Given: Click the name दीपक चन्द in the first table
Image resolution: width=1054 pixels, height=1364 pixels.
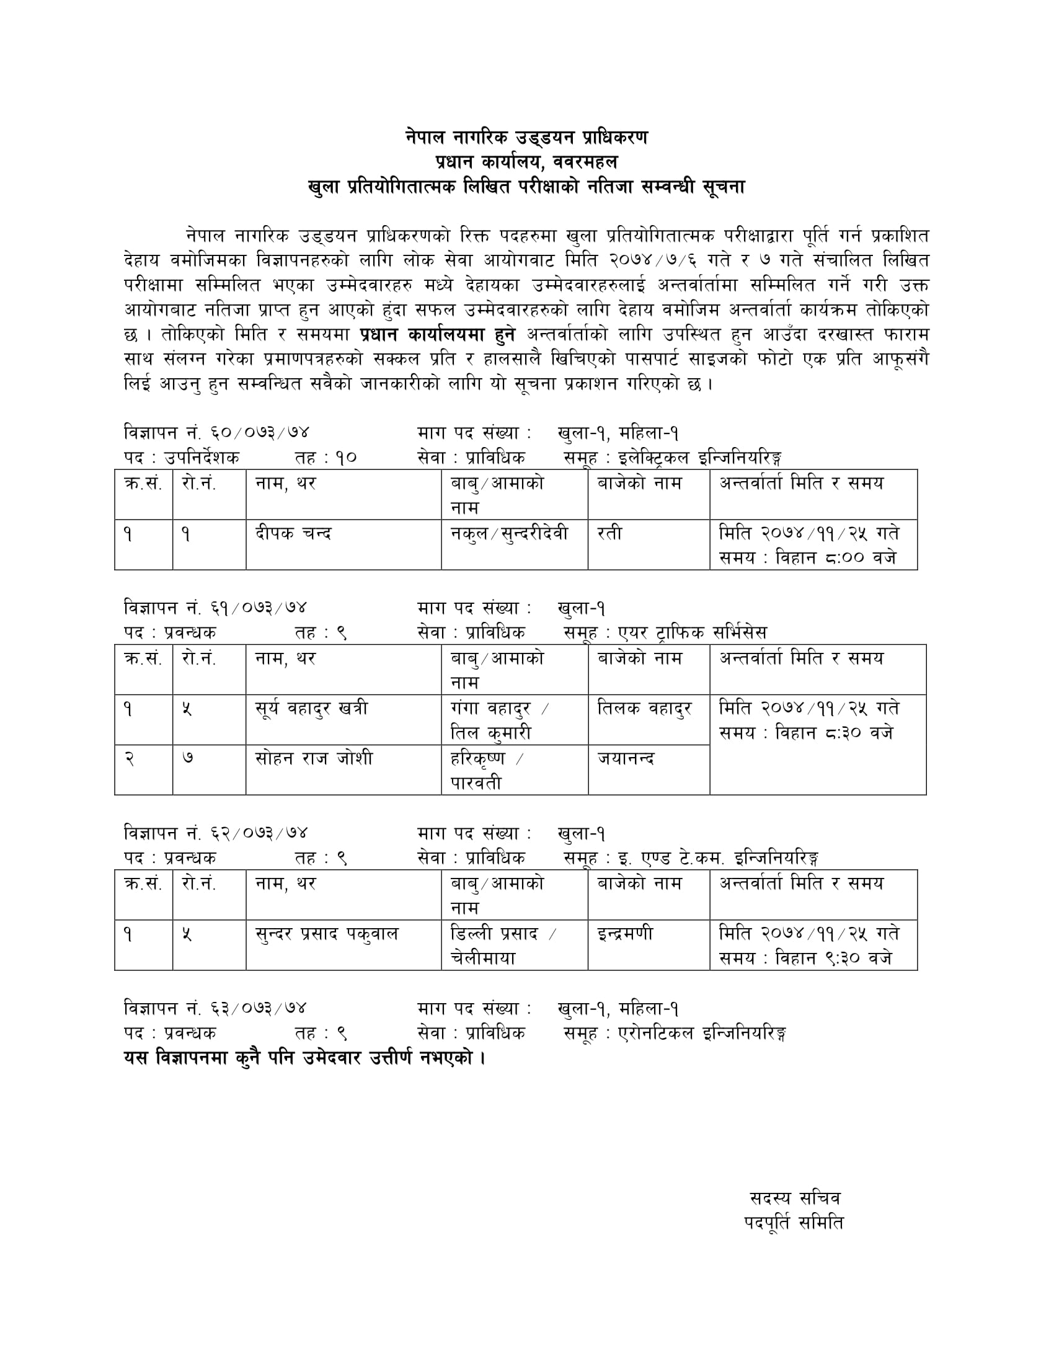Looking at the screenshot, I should point(293,534).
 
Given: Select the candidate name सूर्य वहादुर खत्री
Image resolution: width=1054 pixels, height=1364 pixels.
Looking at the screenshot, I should point(312,709).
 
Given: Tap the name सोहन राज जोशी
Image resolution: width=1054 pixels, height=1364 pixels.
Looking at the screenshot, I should point(314,759).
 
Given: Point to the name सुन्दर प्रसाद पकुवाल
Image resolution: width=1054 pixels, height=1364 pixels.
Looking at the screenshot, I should point(327,934).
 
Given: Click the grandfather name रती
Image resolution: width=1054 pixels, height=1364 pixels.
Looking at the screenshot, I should point(609,534).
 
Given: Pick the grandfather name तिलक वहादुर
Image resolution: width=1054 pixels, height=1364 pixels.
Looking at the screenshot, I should point(644,709).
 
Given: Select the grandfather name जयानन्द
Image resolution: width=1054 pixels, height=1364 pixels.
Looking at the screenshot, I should point(626,759).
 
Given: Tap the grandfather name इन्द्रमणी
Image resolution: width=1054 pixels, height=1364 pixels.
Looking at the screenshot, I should point(625,934).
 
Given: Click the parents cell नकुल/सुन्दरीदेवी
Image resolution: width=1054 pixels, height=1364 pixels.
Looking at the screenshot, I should point(510,534).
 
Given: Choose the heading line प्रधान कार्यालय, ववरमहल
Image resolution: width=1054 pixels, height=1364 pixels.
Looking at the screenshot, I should point(526,162).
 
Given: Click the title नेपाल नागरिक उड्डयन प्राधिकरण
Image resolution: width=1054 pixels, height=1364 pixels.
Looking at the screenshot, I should point(526,138).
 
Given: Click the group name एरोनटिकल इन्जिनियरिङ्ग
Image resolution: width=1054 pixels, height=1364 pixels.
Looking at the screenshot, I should point(702,1033).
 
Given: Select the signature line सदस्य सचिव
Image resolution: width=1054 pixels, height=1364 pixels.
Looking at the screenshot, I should point(795,1198).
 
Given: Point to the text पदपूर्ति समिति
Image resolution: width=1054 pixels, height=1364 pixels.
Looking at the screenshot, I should point(794,1223).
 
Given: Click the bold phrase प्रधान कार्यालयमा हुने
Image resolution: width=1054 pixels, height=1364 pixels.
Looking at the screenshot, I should point(438,335).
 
